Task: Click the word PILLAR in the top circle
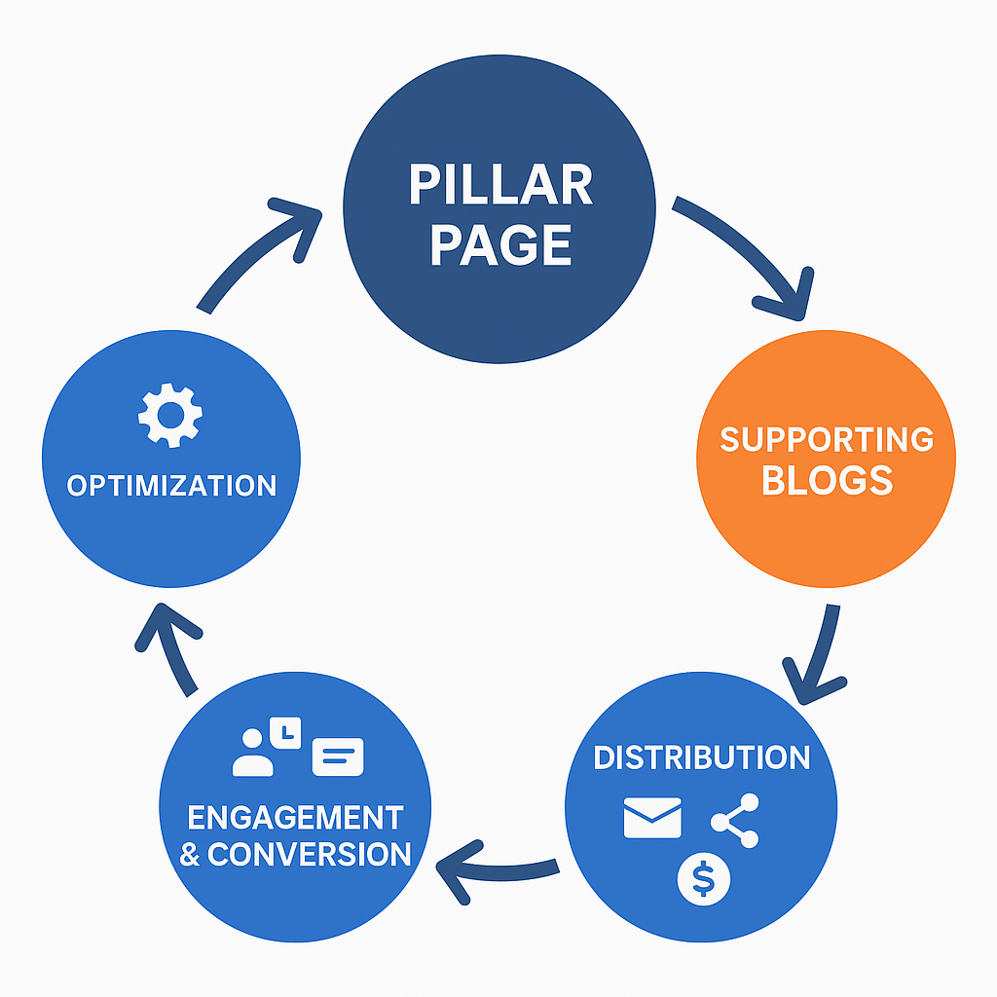[x=500, y=185]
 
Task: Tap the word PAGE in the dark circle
[x=500, y=244]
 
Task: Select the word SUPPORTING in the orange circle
[x=827, y=439]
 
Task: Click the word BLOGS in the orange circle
[x=827, y=480]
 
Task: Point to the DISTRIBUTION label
[x=701, y=757]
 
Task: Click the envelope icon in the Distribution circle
[x=651, y=819]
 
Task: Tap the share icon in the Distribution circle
[x=734, y=820]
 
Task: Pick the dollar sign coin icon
[x=703, y=880]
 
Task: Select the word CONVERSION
[x=309, y=855]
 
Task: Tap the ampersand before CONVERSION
[x=191, y=856]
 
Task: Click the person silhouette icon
[x=255, y=753]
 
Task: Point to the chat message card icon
[x=337, y=757]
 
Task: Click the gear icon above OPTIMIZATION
[x=170, y=415]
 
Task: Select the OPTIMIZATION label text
[x=170, y=485]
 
